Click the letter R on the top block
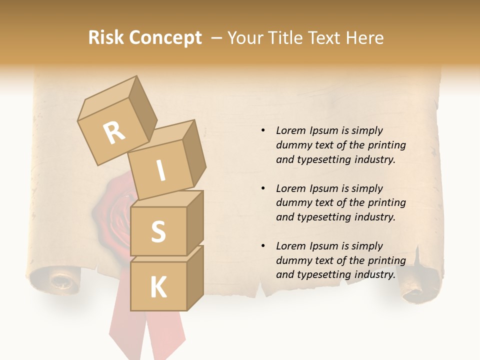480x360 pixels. pyautogui.click(x=114, y=133)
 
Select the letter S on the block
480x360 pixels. pyautogui.click(x=158, y=231)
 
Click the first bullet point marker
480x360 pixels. pyautogui.click(x=263, y=131)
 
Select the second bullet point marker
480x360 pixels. pyautogui.click(x=263, y=189)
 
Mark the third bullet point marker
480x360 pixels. pyautogui.click(x=263, y=246)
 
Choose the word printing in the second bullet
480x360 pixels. pyautogui.click(x=387, y=203)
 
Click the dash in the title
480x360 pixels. pyautogui.click(x=217, y=38)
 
